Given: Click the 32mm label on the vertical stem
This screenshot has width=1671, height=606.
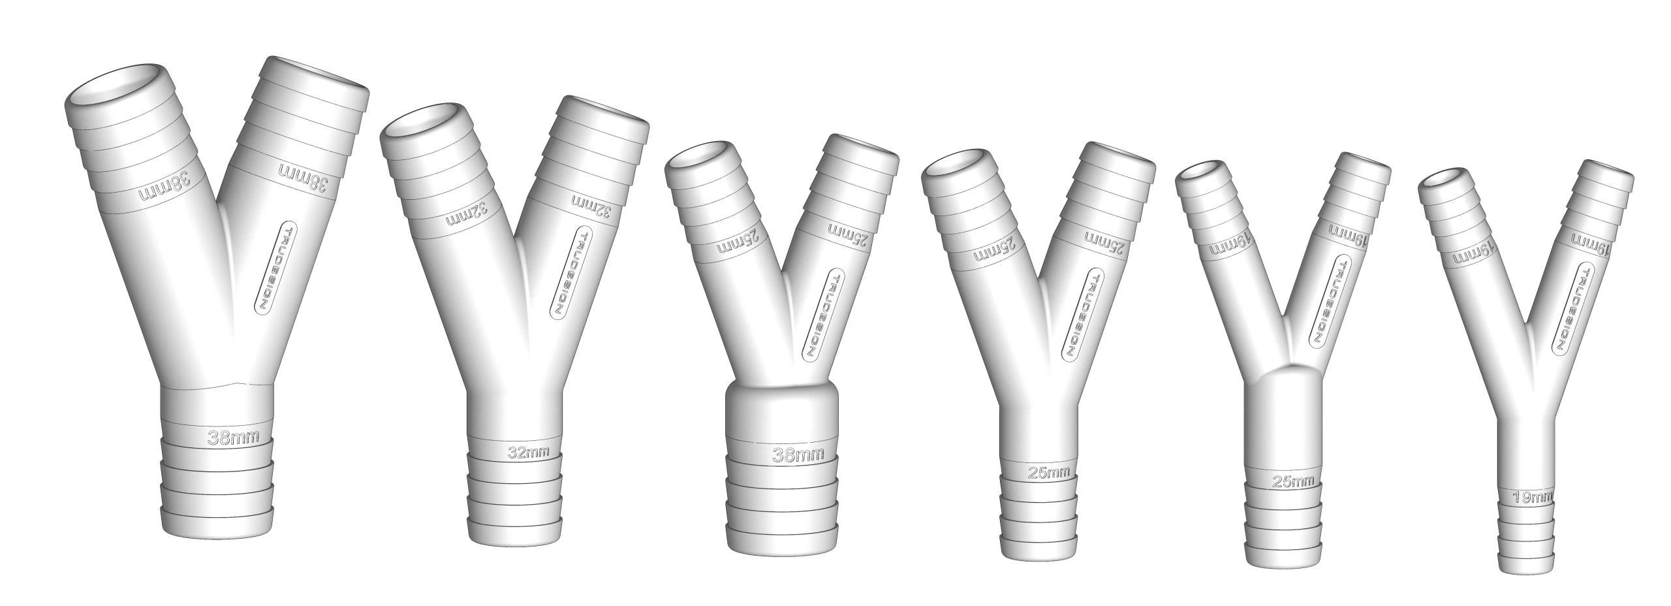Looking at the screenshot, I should tap(528, 452).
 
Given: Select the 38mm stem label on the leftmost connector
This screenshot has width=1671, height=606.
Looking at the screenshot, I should tap(233, 438).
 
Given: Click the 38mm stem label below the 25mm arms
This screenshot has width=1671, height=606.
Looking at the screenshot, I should tap(798, 455).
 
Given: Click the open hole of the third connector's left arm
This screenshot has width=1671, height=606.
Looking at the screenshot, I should tap(698, 157).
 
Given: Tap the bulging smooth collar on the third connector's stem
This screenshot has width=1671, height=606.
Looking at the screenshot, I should tap(781, 410).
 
